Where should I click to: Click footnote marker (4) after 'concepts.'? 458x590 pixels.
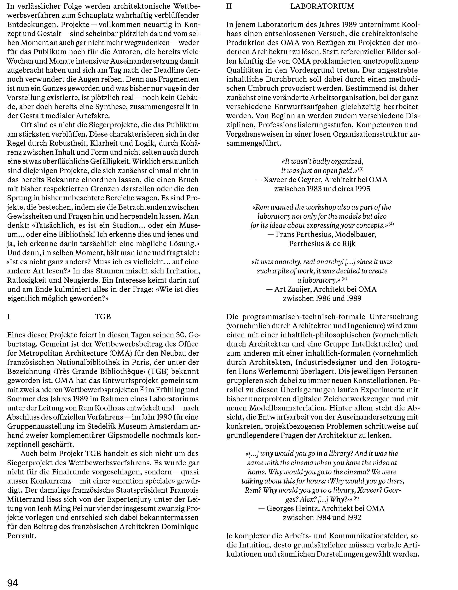(x=391, y=224)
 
